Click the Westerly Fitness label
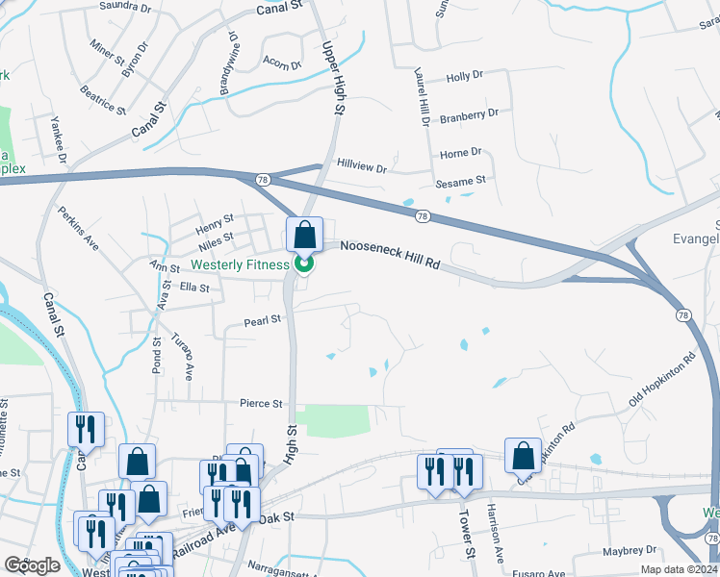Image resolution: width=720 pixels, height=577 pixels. click(241, 264)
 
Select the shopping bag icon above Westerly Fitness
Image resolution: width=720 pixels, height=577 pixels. click(304, 235)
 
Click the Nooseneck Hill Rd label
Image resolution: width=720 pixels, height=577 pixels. click(389, 254)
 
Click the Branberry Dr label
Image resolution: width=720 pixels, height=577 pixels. click(470, 113)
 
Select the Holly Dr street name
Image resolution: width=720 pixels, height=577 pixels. click(464, 77)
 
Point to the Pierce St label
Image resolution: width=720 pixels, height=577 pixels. click(262, 404)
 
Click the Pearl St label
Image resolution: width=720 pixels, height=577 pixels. click(261, 319)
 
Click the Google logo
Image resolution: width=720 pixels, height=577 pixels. click(32, 565)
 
